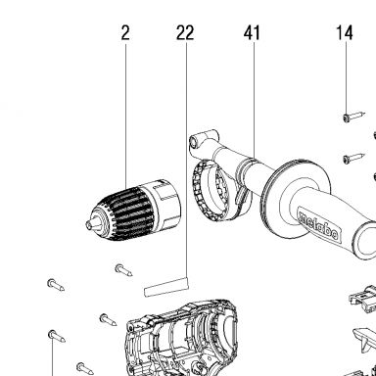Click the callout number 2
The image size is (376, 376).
[125, 33]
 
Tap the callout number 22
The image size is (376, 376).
[185, 33]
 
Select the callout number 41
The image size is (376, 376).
[252, 33]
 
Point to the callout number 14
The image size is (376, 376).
[345, 33]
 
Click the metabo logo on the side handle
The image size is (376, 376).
[319, 225]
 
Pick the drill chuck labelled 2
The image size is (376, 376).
[133, 211]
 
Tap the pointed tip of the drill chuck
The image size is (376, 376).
[88, 224]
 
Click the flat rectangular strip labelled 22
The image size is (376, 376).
[166, 287]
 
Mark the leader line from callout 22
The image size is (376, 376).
[187, 161]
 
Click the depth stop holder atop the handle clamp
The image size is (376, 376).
[205, 139]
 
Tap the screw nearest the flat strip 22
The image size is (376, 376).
[123, 270]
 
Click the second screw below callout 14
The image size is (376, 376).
[353, 158]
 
